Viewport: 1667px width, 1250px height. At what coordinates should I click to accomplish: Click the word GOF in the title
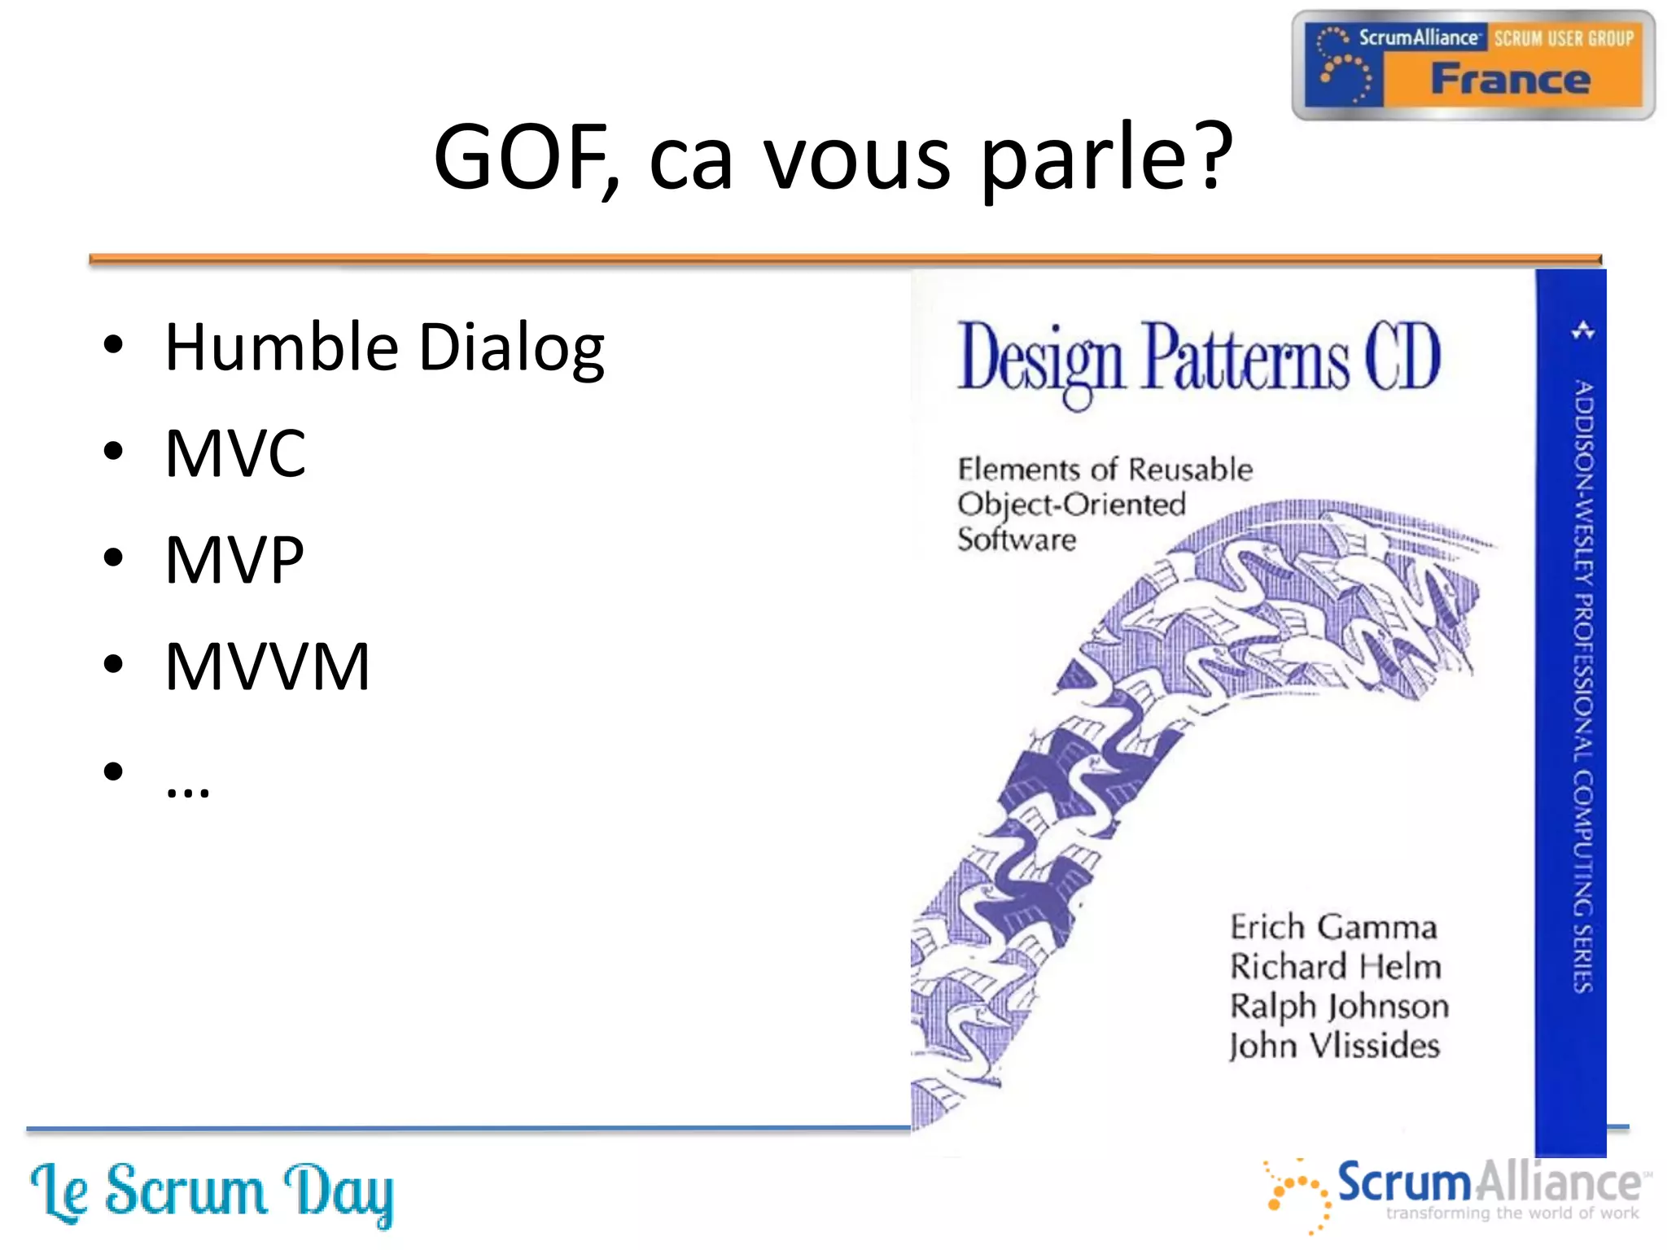pos(521,156)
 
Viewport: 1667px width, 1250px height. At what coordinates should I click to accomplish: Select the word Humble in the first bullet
pos(281,347)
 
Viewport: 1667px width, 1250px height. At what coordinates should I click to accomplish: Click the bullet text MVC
pos(235,453)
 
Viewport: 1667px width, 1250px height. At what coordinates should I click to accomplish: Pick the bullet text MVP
pos(234,560)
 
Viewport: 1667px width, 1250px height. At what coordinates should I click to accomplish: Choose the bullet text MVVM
pos(267,667)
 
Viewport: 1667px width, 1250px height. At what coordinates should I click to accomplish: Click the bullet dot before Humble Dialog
pos(113,345)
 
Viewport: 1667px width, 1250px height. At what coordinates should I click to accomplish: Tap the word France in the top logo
pos(1511,80)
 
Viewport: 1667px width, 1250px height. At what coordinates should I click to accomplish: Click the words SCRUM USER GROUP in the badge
pos(1563,38)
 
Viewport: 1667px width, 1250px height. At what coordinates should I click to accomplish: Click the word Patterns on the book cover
pos(1245,358)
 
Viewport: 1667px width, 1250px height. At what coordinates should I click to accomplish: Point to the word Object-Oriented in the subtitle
pos(1071,505)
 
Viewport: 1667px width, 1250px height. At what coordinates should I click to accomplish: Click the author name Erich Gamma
pos(1333,927)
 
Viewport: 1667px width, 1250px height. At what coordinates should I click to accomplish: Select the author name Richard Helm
pos(1335,967)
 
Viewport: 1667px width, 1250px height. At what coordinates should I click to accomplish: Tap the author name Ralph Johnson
pos(1339,1007)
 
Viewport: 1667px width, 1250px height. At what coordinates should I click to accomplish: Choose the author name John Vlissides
pos(1334,1046)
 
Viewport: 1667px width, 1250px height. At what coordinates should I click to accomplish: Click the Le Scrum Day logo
pos(212,1193)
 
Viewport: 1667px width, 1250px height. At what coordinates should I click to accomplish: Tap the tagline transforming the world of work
pos(1512,1213)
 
